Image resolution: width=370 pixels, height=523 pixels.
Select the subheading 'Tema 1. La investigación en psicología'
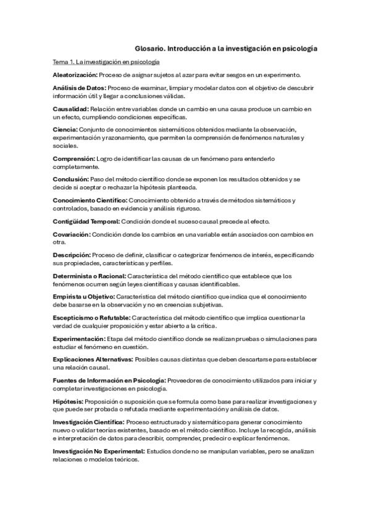click(x=106, y=62)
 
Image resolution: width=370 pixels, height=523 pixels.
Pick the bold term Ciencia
click(x=65, y=129)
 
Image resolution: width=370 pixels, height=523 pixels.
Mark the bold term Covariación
click(x=72, y=234)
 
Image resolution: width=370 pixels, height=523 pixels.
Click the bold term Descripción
click(x=72, y=255)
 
